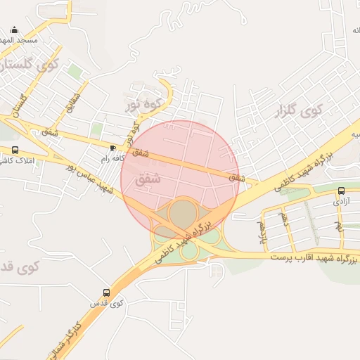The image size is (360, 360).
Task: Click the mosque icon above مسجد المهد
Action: [15, 30]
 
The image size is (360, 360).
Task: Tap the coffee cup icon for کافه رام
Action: [113, 148]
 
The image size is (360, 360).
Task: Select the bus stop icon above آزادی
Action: [341, 191]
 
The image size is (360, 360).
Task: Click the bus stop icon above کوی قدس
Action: [106, 292]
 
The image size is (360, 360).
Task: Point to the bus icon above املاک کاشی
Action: [15, 150]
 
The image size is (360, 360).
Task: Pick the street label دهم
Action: [285, 219]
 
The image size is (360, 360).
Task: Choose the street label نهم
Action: [338, 227]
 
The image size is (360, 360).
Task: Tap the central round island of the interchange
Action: [183, 212]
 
